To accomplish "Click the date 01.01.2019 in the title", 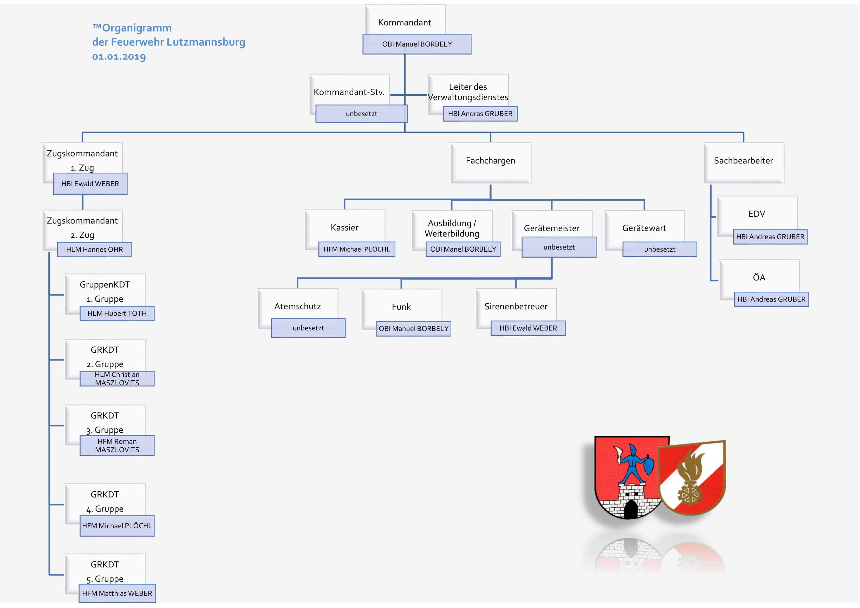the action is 119,57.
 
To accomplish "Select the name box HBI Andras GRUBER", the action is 480,114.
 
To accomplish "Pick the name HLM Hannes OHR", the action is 94,250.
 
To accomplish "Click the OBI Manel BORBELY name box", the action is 463,249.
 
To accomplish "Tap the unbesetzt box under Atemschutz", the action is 308,328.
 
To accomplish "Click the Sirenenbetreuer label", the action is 516,306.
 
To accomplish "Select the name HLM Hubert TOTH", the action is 117,313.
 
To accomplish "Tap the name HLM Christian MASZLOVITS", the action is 117,378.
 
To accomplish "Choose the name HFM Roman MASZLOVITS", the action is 117,446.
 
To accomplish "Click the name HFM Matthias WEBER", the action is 117,593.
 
